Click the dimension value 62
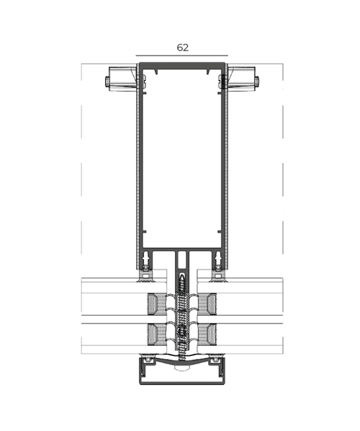click(183, 48)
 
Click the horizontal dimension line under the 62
click(181, 55)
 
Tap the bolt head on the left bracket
click(107, 81)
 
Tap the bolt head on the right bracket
click(257, 81)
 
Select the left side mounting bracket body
click(122, 79)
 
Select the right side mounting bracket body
click(242, 79)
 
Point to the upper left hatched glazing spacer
click(157, 304)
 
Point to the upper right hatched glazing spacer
click(207, 304)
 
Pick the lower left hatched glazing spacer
click(157, 334)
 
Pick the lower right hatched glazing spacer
click(207, 334)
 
